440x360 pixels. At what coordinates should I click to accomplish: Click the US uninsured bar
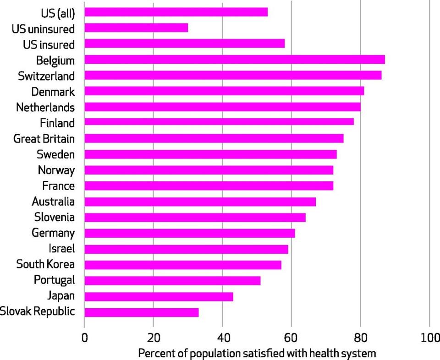[136, 28]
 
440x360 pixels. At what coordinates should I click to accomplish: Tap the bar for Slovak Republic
[142, 312]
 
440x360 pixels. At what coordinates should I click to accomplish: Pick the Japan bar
[159, 296]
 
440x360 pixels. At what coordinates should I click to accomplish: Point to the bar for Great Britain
[214, 138]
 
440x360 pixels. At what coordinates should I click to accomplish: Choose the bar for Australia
[200, 202]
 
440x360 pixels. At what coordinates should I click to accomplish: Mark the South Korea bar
[183, 265]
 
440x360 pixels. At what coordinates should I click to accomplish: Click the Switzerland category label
[46, 76]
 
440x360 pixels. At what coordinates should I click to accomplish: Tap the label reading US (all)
[58, 12]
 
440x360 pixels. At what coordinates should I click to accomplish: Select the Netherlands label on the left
[45, 107]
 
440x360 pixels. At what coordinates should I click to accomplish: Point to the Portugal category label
[54, 280]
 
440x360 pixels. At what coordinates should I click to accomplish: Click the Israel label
[61, 249]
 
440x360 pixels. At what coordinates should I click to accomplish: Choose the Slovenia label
[54, 217]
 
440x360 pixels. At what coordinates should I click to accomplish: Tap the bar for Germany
[190, 233]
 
